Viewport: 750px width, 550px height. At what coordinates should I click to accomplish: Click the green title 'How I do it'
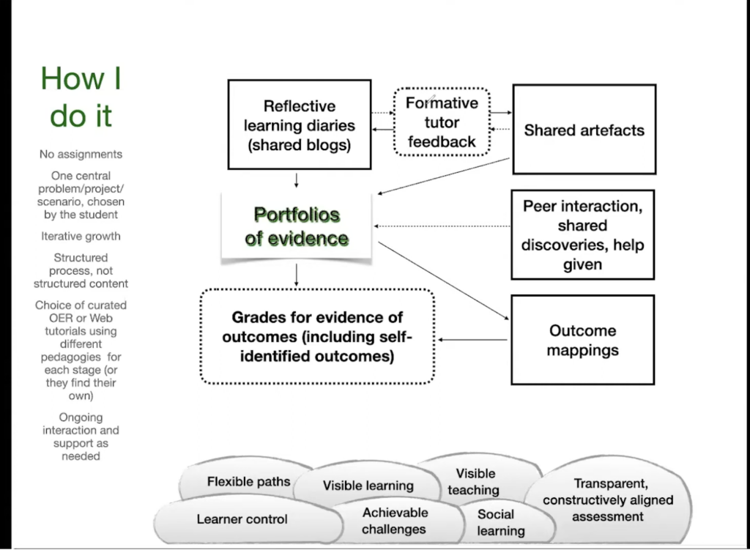coord(81,97)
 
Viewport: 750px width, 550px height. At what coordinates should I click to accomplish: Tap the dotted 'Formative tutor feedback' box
coord(442,122)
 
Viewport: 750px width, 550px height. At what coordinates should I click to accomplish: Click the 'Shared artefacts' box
coord(584,130)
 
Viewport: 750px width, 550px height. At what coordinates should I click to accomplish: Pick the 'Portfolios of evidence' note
coord(297,226)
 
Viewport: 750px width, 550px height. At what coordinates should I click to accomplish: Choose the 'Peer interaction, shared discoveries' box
coord(582,235)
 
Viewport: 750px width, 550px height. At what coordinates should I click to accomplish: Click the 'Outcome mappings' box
coord(582,340)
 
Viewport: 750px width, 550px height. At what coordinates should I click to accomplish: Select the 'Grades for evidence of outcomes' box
coord(317,337)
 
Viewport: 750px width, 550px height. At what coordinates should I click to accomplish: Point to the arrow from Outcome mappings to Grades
coord(472,339)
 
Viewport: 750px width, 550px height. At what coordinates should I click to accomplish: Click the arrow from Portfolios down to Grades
coord(297,274)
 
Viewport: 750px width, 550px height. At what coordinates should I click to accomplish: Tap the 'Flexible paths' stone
coord(248,481)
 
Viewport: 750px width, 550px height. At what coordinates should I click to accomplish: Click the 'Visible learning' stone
coord(368,485)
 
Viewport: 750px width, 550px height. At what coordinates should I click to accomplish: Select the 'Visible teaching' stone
coord(475,481)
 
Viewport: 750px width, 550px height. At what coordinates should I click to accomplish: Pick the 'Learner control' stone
coord(242,519)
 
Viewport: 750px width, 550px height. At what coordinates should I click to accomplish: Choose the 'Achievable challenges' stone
coord(394,521)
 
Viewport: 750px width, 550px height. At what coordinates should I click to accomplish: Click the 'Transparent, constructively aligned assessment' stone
coord(608,500)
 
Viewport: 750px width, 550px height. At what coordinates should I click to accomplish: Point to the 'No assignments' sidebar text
coord(81,155)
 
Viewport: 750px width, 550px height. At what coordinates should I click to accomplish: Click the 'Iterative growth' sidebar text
coord(81,237)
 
